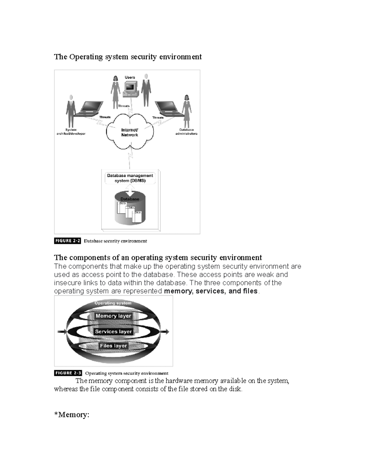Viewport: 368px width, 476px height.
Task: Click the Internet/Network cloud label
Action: click(x=129, y=132)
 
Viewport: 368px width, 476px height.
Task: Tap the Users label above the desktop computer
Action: click(x=130, y=77)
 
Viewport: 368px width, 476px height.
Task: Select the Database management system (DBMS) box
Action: click(x=130, y=178)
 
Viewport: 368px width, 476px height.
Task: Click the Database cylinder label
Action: click(x=130, y=199)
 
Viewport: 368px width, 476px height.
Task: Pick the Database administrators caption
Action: click(x=186, y=131)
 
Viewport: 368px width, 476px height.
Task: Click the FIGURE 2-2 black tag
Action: click(x=67, y=241)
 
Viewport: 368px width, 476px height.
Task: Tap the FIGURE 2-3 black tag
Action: click(x=68, y=373)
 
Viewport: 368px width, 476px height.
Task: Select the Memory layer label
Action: click(x=113, y=316)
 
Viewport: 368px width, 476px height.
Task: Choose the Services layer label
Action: click(x=113, y=331)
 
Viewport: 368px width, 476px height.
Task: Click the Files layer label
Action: click(x=113, y=346)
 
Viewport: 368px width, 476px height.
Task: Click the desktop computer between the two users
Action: click(x=130, y=89)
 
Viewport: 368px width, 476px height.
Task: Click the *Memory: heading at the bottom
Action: click(x=72, y=415)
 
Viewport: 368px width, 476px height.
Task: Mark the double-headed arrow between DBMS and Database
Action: click(x=130, y=190)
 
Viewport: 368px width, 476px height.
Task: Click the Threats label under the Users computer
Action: click(x=124, y=106)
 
